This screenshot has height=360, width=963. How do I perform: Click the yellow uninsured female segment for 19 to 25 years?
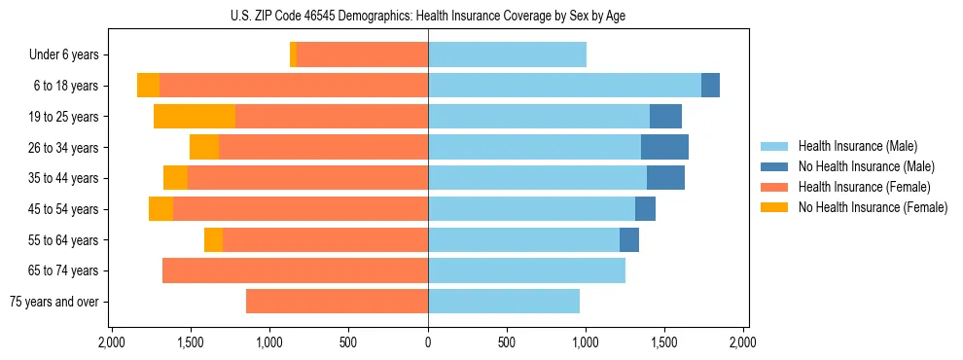pos(195,117)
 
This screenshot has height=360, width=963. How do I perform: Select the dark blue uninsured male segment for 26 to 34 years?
pos(664,147)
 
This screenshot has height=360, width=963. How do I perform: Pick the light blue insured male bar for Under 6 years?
pos(507,55)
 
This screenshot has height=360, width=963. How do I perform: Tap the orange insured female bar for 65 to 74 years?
pos(295,270)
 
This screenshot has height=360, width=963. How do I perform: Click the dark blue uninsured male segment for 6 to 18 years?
pos(710,86)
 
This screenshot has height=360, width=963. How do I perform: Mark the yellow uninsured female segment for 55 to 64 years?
pos(213,239)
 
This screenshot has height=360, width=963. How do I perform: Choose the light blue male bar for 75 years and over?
pos(504,302)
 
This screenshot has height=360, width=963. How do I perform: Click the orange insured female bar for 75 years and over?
pos(337,302)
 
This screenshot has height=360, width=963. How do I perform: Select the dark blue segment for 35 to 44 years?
pos(665,178)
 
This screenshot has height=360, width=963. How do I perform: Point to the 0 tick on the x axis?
pos(428,343)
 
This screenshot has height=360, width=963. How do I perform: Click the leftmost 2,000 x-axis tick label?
pos(112,343)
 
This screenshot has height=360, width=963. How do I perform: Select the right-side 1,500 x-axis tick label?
pos(664,343)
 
